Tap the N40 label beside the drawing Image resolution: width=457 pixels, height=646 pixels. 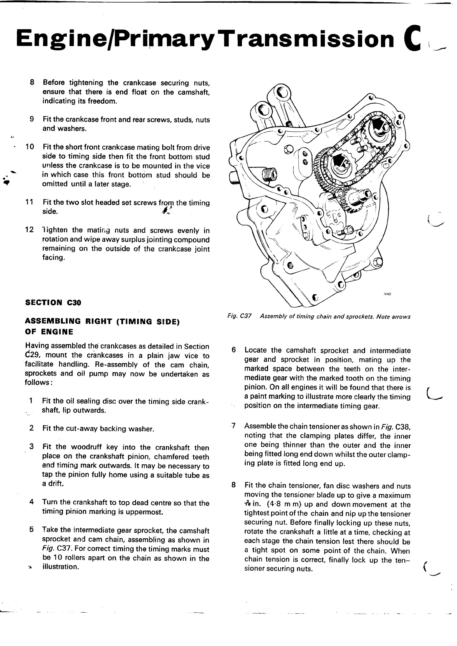(387, 294)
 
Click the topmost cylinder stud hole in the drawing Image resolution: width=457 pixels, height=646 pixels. (282, 93)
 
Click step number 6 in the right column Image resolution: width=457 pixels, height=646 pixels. (233, 350)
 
